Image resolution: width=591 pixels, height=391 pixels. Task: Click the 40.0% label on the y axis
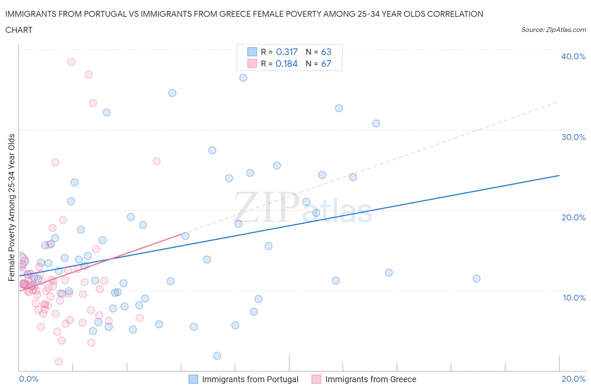click(573, 56)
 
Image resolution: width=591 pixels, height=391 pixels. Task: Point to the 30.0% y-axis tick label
click(573, 137)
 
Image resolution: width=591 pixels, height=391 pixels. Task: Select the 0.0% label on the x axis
click(29, 379)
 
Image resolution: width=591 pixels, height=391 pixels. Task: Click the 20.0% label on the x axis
click(573, 379)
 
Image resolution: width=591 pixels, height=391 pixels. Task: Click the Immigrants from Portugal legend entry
click(250, 379)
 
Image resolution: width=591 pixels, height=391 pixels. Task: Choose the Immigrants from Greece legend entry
click(370, 379)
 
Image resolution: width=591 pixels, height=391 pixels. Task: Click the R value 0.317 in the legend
click(287, 52)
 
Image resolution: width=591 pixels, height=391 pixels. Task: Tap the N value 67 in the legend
click(326, 63)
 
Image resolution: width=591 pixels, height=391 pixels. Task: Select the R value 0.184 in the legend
click(287, 63)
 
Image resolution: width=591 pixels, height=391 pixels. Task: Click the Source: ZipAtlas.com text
click(553, 30)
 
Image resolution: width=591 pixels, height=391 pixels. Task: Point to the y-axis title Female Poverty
click(11, 207)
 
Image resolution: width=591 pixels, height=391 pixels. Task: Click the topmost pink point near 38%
click(71, 62)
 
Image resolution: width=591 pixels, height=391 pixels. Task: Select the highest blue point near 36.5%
click(243, 78)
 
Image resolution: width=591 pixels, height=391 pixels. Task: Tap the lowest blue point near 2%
click(217, 356)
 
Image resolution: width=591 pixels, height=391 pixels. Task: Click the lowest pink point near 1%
click(59, 362)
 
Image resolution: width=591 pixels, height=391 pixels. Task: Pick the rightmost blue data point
click(476, 278)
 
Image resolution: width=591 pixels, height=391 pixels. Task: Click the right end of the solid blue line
click(559, 175)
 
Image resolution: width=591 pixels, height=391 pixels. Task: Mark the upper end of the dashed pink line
click(557, 102)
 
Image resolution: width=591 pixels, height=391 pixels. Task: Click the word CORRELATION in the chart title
click(455, 14)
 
